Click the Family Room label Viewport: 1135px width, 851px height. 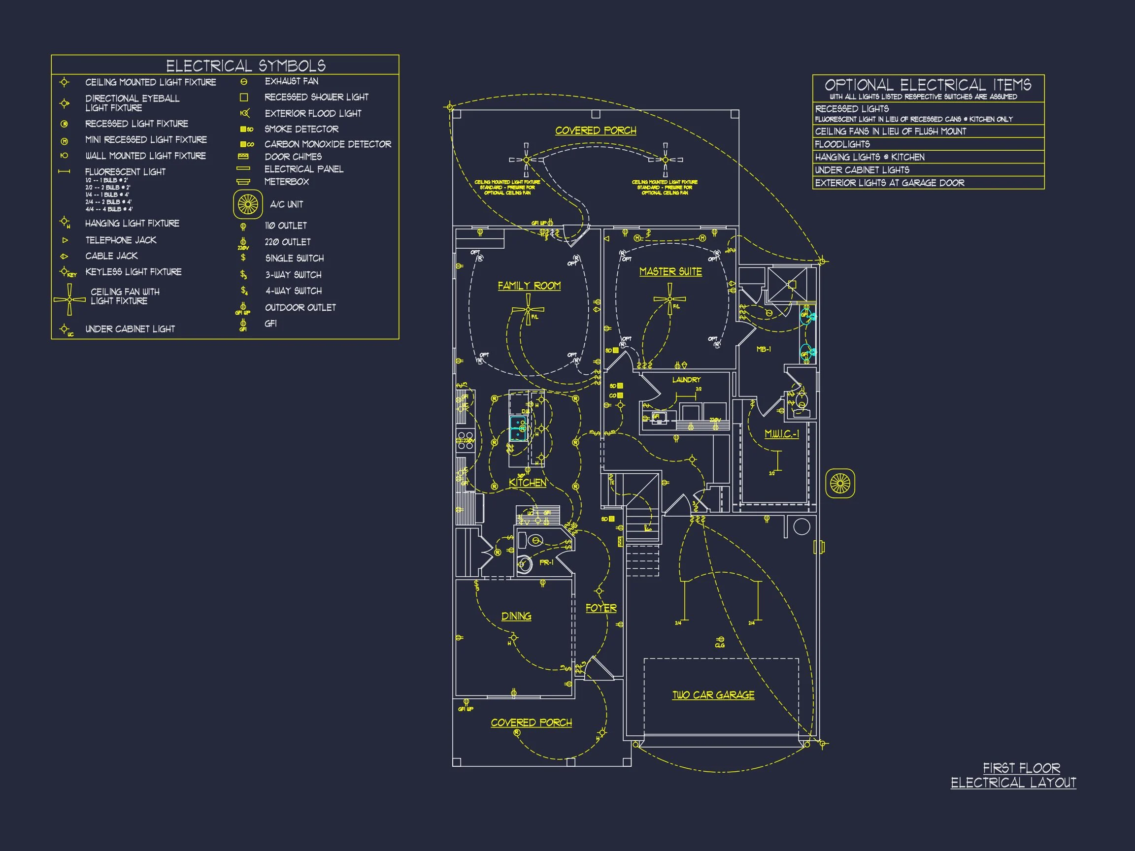529,286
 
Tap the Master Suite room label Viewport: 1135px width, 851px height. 670,272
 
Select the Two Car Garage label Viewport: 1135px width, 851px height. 713,695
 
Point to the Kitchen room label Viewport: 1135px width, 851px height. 528,483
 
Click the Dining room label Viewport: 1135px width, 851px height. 516,616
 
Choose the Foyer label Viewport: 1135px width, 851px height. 601,608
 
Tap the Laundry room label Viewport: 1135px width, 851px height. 686,380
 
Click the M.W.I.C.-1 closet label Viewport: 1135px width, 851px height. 781,434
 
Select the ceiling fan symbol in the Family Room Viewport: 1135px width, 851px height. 528,310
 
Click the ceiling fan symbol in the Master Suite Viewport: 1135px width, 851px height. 669,299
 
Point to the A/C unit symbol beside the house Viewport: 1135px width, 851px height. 840,483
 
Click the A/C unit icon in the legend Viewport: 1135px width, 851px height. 248,204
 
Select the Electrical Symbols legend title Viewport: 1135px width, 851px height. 246,65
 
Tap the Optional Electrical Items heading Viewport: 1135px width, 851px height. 928,85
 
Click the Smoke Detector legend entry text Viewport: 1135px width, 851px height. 301,129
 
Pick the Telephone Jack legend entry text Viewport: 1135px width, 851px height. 121,240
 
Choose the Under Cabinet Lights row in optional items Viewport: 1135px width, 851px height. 862,170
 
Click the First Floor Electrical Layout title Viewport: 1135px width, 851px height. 1013,775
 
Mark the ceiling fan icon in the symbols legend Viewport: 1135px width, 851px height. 69,299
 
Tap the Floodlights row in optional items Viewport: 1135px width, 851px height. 842,144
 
